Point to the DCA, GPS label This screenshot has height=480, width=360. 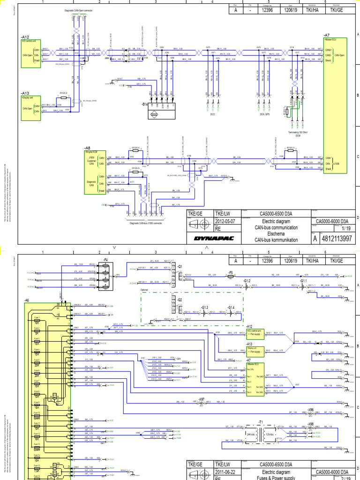tap(265, 113)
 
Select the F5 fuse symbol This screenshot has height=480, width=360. tap(230, 276)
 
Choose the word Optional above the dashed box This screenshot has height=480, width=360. tap(147, 290)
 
